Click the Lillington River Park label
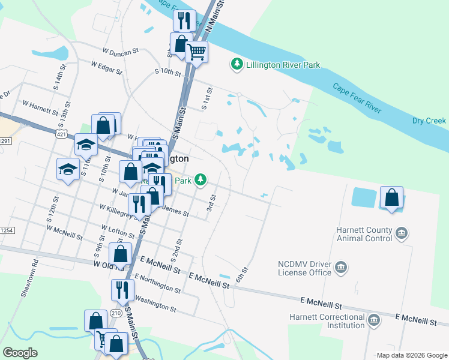point(283,65)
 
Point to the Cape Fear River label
point(358,98)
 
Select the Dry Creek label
point(429,121)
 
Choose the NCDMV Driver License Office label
point(304,268)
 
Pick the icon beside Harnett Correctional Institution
point(375,320)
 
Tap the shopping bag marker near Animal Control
point(392,197)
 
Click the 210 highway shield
point(116,313)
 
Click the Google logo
point(20,353)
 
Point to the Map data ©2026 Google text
point(411,355)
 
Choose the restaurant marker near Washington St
point(122,290)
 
